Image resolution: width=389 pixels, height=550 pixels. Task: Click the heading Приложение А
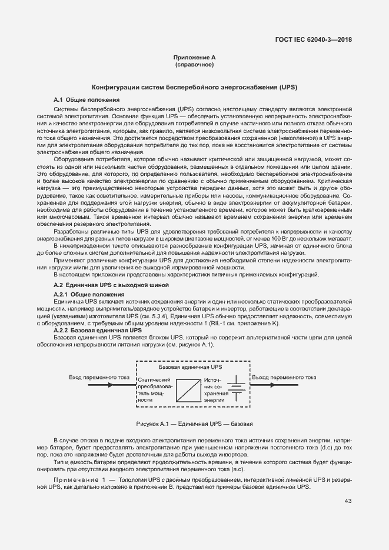pyautogui.click(x=194, y=58)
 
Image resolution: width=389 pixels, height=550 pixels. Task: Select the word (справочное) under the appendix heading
pyautogui.click(x=194, y=65)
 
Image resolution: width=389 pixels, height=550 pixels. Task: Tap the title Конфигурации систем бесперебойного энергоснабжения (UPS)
pyautogui.click(x=194, y=87)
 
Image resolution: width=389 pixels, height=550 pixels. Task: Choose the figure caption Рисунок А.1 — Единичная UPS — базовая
pyautogui.click(x=194, y=424)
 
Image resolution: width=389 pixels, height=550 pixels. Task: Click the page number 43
pyautogui.click(x=348, y=501)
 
